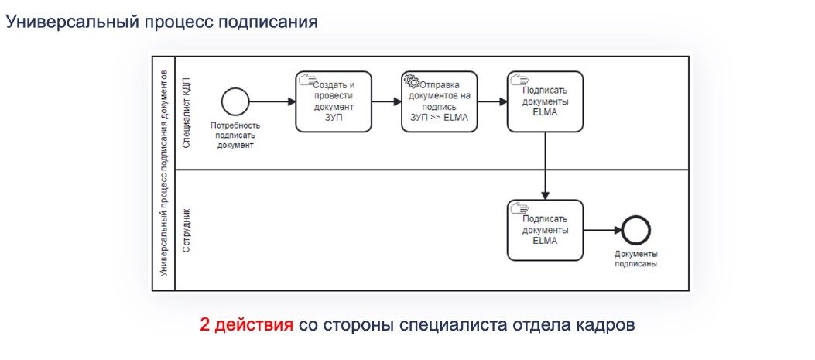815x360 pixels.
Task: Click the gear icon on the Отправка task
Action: tap(411, 80)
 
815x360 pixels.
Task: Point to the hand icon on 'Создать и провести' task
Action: tap(306, 79)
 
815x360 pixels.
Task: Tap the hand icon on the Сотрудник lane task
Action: tap(519, 207)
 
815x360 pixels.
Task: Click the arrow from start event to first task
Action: tap(273, 102)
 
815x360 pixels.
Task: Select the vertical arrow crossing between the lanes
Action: tap(545, 166)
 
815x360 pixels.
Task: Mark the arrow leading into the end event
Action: tap(603, 231)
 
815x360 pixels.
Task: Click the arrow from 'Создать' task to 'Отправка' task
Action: tap(387, 102)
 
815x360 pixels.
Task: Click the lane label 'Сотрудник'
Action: tap(187, 231)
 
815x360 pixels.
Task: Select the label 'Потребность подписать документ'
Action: tap(235, 135)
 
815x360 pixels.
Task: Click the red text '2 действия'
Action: tap(246, 325)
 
